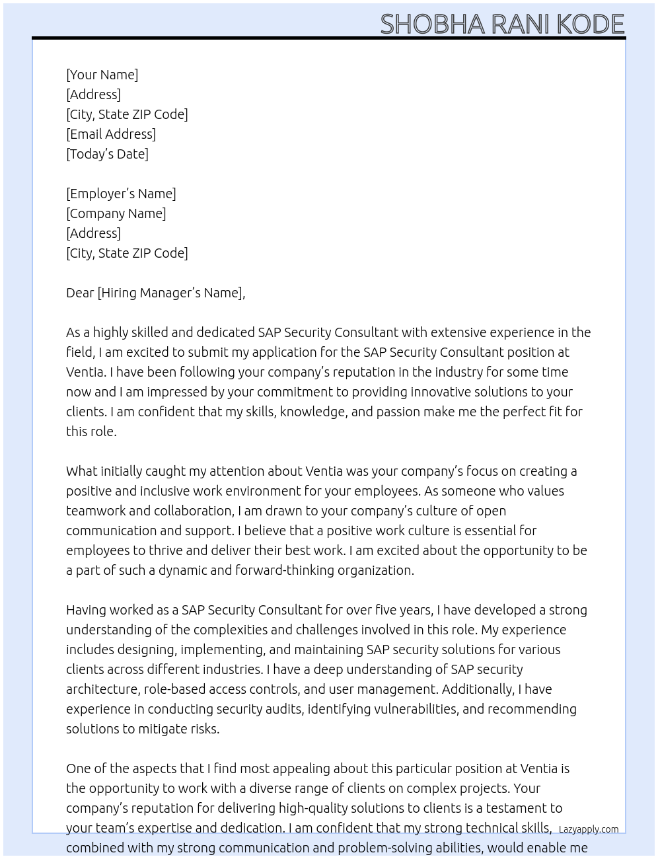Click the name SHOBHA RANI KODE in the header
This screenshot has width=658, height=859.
(x=502, y=24)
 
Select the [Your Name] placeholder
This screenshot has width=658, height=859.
(x=102, y=75)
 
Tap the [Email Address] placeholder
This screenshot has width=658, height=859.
(x=111, y=134)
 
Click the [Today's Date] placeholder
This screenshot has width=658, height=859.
(x=107, y=154)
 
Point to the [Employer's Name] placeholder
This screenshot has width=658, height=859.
(x=121, y=194)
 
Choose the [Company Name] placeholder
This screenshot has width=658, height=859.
(x=116, y=213)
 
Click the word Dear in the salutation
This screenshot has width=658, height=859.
(x=80, y=293)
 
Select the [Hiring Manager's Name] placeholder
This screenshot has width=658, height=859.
(x=170, y=293)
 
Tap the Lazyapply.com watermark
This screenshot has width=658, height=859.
(x=589, y=829)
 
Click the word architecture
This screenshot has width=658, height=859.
(x=102, y=689)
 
